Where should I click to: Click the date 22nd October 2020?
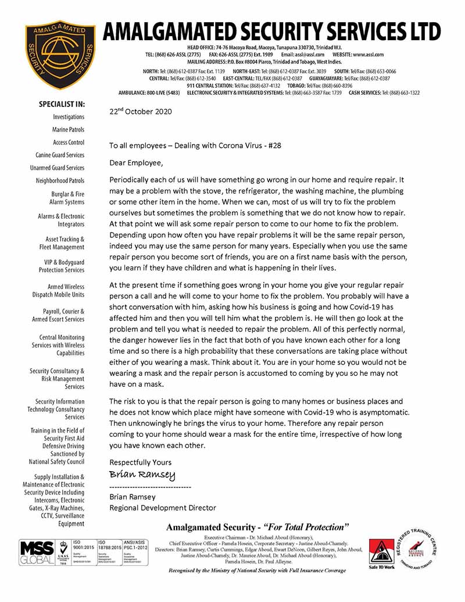click(140, 111)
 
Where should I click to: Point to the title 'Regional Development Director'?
click(163, 508)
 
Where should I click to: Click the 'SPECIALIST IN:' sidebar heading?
click(62, 104)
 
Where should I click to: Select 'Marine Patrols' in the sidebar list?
click(69, 130)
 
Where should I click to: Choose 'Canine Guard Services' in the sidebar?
click(60, 155)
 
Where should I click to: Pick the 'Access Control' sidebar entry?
click(69, 143)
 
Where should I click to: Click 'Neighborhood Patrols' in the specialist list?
click(60, 181)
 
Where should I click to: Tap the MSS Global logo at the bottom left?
click(35, 553)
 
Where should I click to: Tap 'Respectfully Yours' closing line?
click(141, 462)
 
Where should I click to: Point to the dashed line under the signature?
click(150, 486)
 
